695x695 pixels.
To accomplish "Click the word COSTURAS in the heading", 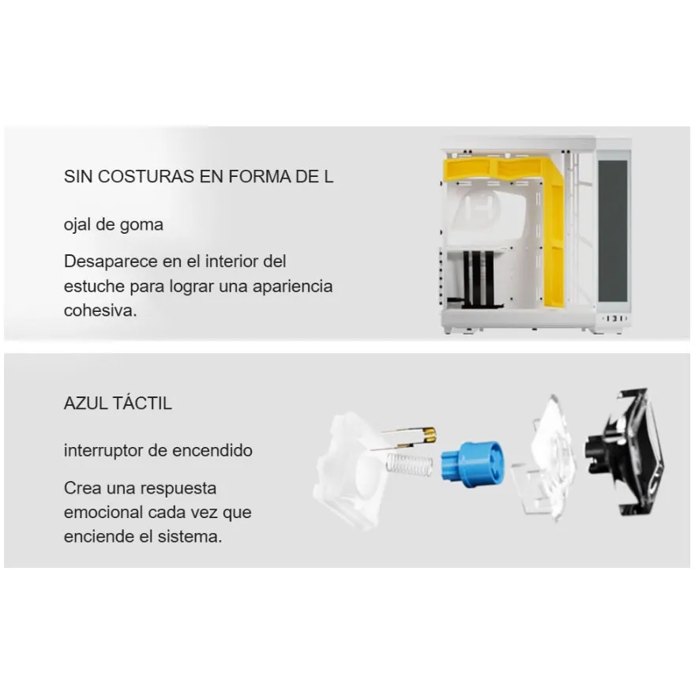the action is [146, 176].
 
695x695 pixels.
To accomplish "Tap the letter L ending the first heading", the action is [328, 176].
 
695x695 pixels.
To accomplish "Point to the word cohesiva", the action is [100, 310].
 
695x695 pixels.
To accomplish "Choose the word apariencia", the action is [292, 287].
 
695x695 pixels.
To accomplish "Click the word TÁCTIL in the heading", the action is [142, 403].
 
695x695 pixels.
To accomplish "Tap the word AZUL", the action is [86, 404].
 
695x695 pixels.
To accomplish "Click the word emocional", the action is [103, 513].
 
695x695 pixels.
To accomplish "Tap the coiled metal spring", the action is [409, 464].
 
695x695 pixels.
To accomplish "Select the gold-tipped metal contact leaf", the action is [404, 438].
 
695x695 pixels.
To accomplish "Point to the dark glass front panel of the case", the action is [613, 231].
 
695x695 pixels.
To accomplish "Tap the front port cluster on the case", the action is [614, 319].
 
